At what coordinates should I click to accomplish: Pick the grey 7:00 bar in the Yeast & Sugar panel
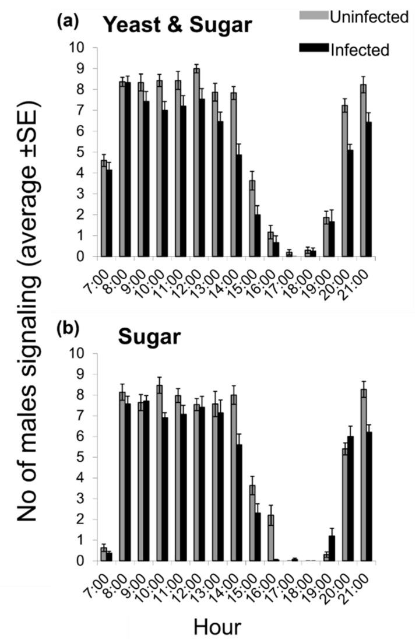[x=104, y=208]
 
